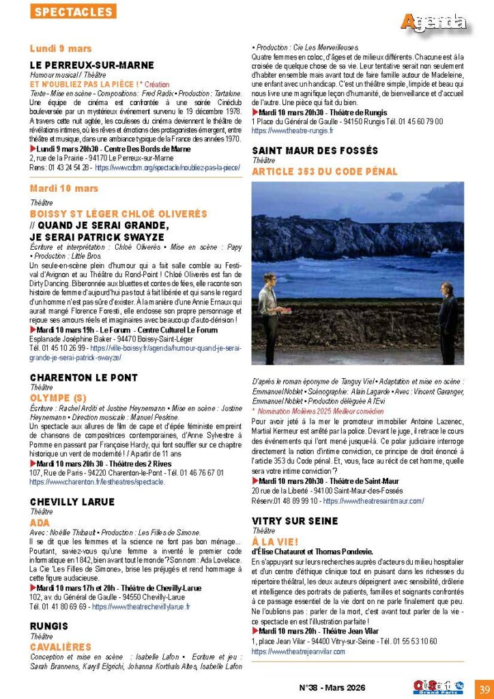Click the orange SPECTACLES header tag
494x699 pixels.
[73, 12]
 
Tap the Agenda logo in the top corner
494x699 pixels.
[434, 22]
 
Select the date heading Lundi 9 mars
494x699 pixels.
[61, 49]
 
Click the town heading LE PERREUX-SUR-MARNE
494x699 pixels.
[87, 65]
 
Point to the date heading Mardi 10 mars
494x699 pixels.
[63, 188]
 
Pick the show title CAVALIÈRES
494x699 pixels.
[61, 646]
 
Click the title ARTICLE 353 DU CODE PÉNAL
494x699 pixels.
[324, 171]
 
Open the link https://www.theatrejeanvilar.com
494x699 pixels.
[298, 651]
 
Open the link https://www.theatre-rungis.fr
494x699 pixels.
[292, 130]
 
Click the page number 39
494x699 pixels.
[484, 687]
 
